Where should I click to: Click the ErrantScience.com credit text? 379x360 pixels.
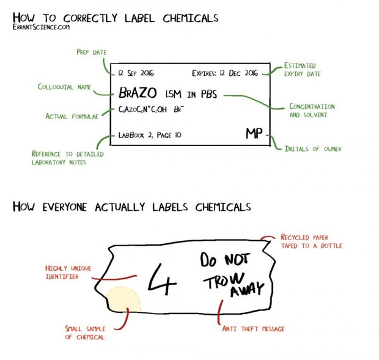[41, 27]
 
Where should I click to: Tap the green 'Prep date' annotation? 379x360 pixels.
[92, 52]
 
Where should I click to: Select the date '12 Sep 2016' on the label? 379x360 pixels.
[136, 73]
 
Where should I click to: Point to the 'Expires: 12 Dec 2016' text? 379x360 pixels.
[225, 73]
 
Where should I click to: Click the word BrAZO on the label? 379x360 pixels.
[138, 93]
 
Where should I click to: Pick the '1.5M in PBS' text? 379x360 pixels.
[191, 94]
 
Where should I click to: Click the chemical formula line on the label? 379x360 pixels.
[151, 109]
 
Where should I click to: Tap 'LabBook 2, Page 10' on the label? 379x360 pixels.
[150, 135]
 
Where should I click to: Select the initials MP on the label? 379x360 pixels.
[254, 133]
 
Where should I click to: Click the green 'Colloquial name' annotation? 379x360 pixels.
[64, 87]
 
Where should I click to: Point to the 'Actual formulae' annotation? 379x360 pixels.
[72, 116]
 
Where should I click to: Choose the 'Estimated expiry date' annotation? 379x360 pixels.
[302, 70]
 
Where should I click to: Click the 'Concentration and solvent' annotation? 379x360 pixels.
[312, 111]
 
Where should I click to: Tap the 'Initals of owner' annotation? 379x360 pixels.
[313, 149]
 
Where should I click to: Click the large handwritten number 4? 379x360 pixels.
[162, 279]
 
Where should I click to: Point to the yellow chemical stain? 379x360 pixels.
[122, 299]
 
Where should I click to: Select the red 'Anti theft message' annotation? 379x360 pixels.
[253, 329]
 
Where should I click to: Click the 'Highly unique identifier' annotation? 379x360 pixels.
[68, 273]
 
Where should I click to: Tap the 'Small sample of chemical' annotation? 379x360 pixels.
[85, 332]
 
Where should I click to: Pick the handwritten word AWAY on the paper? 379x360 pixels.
[247, 289]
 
